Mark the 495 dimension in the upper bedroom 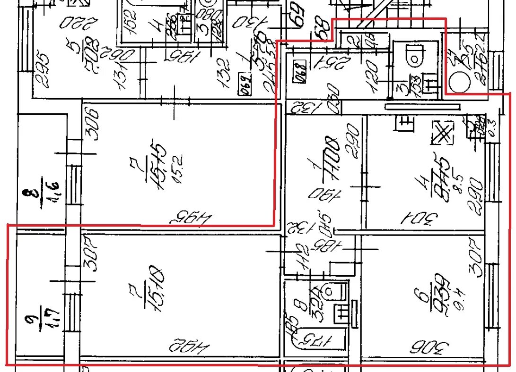click(190, 218)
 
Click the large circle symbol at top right click(457, 82)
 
